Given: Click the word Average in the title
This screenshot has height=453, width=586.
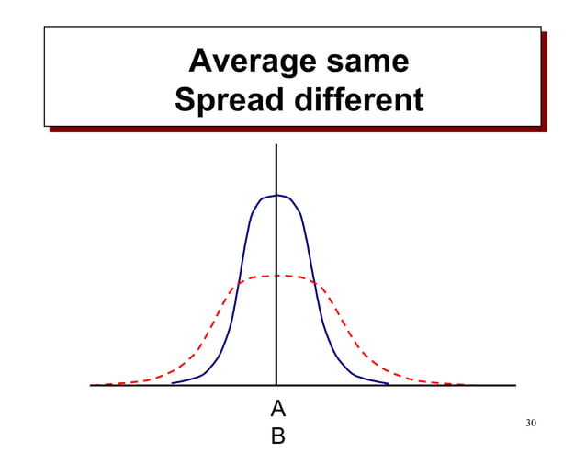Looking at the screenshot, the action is click(253, 62).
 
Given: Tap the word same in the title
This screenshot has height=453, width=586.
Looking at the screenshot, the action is click(367, 62).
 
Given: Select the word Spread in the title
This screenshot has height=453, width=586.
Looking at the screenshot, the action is click(229, 100).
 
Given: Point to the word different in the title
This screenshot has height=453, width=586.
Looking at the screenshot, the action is click(359, 99).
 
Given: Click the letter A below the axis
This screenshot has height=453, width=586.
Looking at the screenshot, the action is click(278, 409).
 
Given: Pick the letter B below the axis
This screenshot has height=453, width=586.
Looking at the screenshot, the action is click(278, 436).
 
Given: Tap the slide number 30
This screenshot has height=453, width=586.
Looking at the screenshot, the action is click(531, 423).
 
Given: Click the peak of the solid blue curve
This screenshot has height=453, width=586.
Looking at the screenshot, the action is click(276, 195).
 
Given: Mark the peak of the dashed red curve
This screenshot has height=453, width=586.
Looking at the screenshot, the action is click(276, 276).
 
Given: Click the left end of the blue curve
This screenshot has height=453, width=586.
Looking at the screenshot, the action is click(172, 383).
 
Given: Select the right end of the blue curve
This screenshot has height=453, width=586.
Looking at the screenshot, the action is click(389, 383).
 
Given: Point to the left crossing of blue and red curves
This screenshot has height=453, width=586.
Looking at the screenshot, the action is click(239, 283).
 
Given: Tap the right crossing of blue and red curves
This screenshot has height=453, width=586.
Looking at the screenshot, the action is click(314, 283).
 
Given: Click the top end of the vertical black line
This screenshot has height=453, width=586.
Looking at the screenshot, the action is click(276, 144).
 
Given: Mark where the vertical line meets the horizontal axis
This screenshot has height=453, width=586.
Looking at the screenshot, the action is click(276, 385).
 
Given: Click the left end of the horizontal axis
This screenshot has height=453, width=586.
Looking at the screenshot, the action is click(90, 385).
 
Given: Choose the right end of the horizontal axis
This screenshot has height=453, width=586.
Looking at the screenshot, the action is click(516, 385).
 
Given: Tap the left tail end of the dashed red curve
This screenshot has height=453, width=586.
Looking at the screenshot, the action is click(95, 384).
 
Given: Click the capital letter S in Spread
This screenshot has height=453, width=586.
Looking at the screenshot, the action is click(185, 99).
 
